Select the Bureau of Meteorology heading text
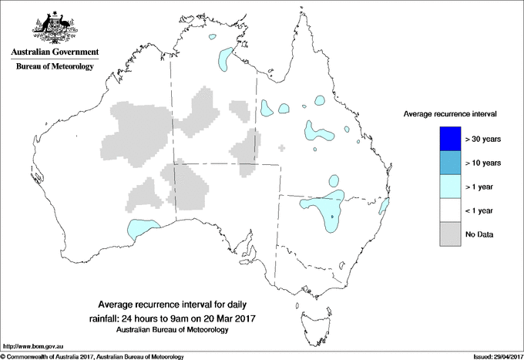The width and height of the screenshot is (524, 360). [54, 67]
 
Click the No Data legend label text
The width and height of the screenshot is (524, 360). [481, 234]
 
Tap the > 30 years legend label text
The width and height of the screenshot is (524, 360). [484, 140]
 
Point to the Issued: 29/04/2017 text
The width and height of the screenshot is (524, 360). [492, 355]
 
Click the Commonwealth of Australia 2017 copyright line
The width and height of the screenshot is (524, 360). [92, 355]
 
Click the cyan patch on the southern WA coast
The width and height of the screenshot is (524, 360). [139, 228]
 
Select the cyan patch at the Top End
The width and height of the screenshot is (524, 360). [225, 57]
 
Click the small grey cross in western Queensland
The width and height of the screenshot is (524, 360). [282, 147]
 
